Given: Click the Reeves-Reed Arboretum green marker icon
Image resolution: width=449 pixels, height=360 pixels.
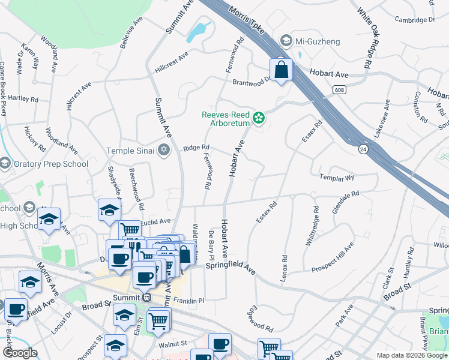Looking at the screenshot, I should click(x=259, y=118).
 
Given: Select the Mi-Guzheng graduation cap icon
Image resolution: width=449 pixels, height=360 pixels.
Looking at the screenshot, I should click(x=286, y=41).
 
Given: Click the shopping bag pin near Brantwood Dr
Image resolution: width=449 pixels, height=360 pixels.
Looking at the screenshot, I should click(x=281, y=70).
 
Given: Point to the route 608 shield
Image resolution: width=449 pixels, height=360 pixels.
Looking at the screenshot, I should click(x=339, y=89).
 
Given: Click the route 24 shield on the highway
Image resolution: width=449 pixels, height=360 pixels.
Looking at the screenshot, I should click(x=363, y=148).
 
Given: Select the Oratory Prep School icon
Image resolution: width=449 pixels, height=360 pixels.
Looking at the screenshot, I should click(x=5, y=164).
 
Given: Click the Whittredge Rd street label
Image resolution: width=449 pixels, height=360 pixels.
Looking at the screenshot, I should click(x=316, y=224).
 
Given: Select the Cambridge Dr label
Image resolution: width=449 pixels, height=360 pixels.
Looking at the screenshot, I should click(x=415, y=20).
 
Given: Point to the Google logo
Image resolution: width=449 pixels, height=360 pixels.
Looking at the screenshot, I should click(x=20, y=353).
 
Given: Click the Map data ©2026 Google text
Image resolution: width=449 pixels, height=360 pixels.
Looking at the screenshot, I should click(x=412, y=355).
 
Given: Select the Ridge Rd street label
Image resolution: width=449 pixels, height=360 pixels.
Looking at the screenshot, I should click(x=196, y=148).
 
